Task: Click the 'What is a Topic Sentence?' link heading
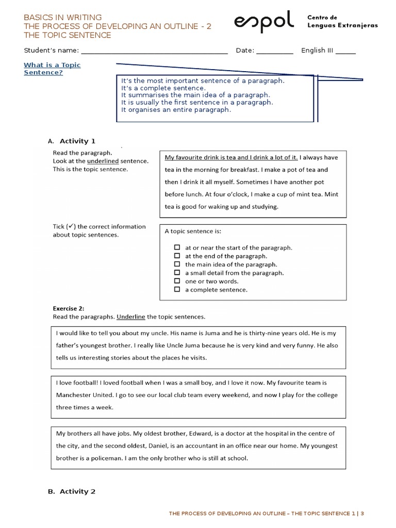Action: coord(52,69)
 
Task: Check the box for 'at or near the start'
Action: coord(177,247)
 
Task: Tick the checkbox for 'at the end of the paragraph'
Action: coord(177,256)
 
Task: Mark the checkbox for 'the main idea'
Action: coord(177,265)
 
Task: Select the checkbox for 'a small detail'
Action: coord(177,273)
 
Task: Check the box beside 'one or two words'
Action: coord(177,281)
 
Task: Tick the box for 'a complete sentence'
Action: coord(177,290)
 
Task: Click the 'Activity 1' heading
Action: coord(77,141)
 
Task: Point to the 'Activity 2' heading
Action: coord(77,491)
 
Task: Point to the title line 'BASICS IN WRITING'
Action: coord(63,17)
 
